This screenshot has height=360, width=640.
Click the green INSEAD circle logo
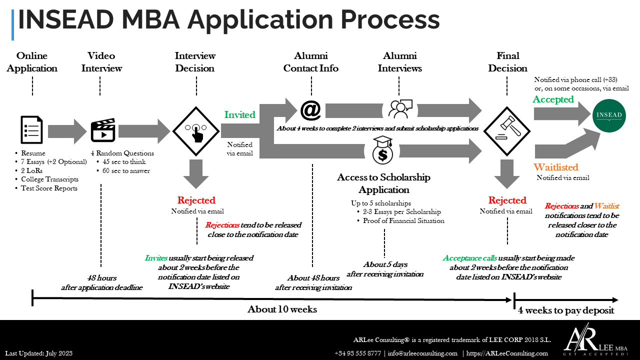(x=609, y=115)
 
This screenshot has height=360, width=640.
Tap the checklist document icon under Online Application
(x=31, y=129)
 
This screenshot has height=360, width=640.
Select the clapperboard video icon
(x=103, y=130)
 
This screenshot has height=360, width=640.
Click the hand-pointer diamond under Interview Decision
(x=195, y=131)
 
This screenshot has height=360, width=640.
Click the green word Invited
(x=239, y=114)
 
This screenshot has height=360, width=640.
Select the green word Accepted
(x=553, y=99)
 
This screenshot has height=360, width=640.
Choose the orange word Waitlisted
(x=555, y=167)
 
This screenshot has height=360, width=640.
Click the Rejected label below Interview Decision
(x=196, y=200)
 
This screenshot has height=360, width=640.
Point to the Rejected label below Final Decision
(x=507, y=200)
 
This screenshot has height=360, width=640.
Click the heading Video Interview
(x=101, y=62)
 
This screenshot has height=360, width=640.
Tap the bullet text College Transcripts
(x=49, y=179)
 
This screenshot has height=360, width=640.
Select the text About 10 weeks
(x=282, y=309)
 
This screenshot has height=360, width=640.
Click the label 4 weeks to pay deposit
(x=566, y=310)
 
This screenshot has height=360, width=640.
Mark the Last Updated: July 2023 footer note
(x=39, y=353)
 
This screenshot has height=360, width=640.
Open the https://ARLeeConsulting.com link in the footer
(x=507, y=353)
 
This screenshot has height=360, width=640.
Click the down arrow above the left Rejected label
(x=196, y=174)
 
